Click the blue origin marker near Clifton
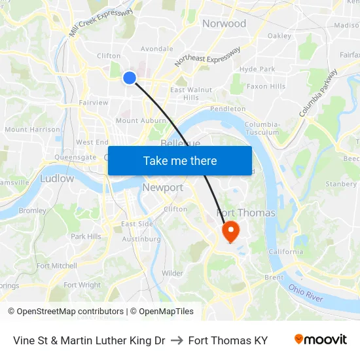pyautogui.click(x=130, y=78)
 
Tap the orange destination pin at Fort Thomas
pyautogui.click(x=230, y=232)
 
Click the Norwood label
pyautogui.click(x=224, y=24)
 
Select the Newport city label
pyautogui.click(x=163, y=188)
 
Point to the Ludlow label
pyautogui.click(x=57, y=178)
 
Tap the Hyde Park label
pyautogui.click(x=257, y=69)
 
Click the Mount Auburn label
pyautogui.click(x=141, y=120)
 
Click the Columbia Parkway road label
pyautogui.click(x=318, y=93)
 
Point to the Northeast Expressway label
pyautogui.click(x=207, y=56)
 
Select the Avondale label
pyautogui.click(x=156, y=48)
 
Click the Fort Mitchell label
pyautogui.click(x=56, y=266)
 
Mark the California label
pyautogui.click(x=285, y=251)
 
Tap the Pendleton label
pyautogui.click(x=228, y=109)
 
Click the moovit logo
pyautogui.click(x=321, y=340)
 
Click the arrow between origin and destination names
pyautogui.click(x=177, y=340)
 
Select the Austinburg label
pyautogui.click(x=141, y=239)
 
